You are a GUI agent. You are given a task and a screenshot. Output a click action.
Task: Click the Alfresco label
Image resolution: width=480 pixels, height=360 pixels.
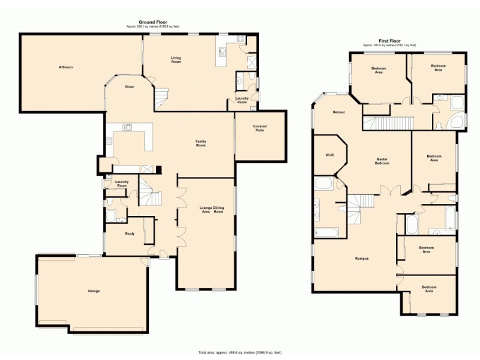(65, 67)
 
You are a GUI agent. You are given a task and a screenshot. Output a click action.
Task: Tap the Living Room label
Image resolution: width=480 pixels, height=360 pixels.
(176, 60)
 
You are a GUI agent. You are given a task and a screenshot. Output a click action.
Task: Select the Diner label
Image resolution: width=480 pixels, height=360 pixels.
(130, 87)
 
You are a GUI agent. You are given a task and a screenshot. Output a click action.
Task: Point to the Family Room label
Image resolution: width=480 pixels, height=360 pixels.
(200, 143)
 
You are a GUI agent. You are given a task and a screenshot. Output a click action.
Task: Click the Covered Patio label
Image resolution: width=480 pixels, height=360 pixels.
(259, 128)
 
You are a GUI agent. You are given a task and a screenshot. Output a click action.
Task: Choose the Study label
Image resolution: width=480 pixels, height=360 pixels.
(130, 233)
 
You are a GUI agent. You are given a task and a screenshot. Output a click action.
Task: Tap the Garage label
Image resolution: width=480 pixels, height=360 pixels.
(94, 291)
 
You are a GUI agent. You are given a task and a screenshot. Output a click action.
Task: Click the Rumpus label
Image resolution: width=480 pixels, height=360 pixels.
(361, 259)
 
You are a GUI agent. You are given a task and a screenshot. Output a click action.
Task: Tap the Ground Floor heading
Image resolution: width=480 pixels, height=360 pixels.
(152, 22)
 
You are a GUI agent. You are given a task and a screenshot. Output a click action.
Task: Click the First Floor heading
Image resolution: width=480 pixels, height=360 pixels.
(390, 41)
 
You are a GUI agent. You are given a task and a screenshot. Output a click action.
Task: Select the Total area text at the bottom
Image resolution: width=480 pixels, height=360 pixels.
(240, 352)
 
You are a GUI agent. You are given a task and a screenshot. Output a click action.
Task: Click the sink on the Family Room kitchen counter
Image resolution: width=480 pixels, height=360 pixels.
(127, 127)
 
